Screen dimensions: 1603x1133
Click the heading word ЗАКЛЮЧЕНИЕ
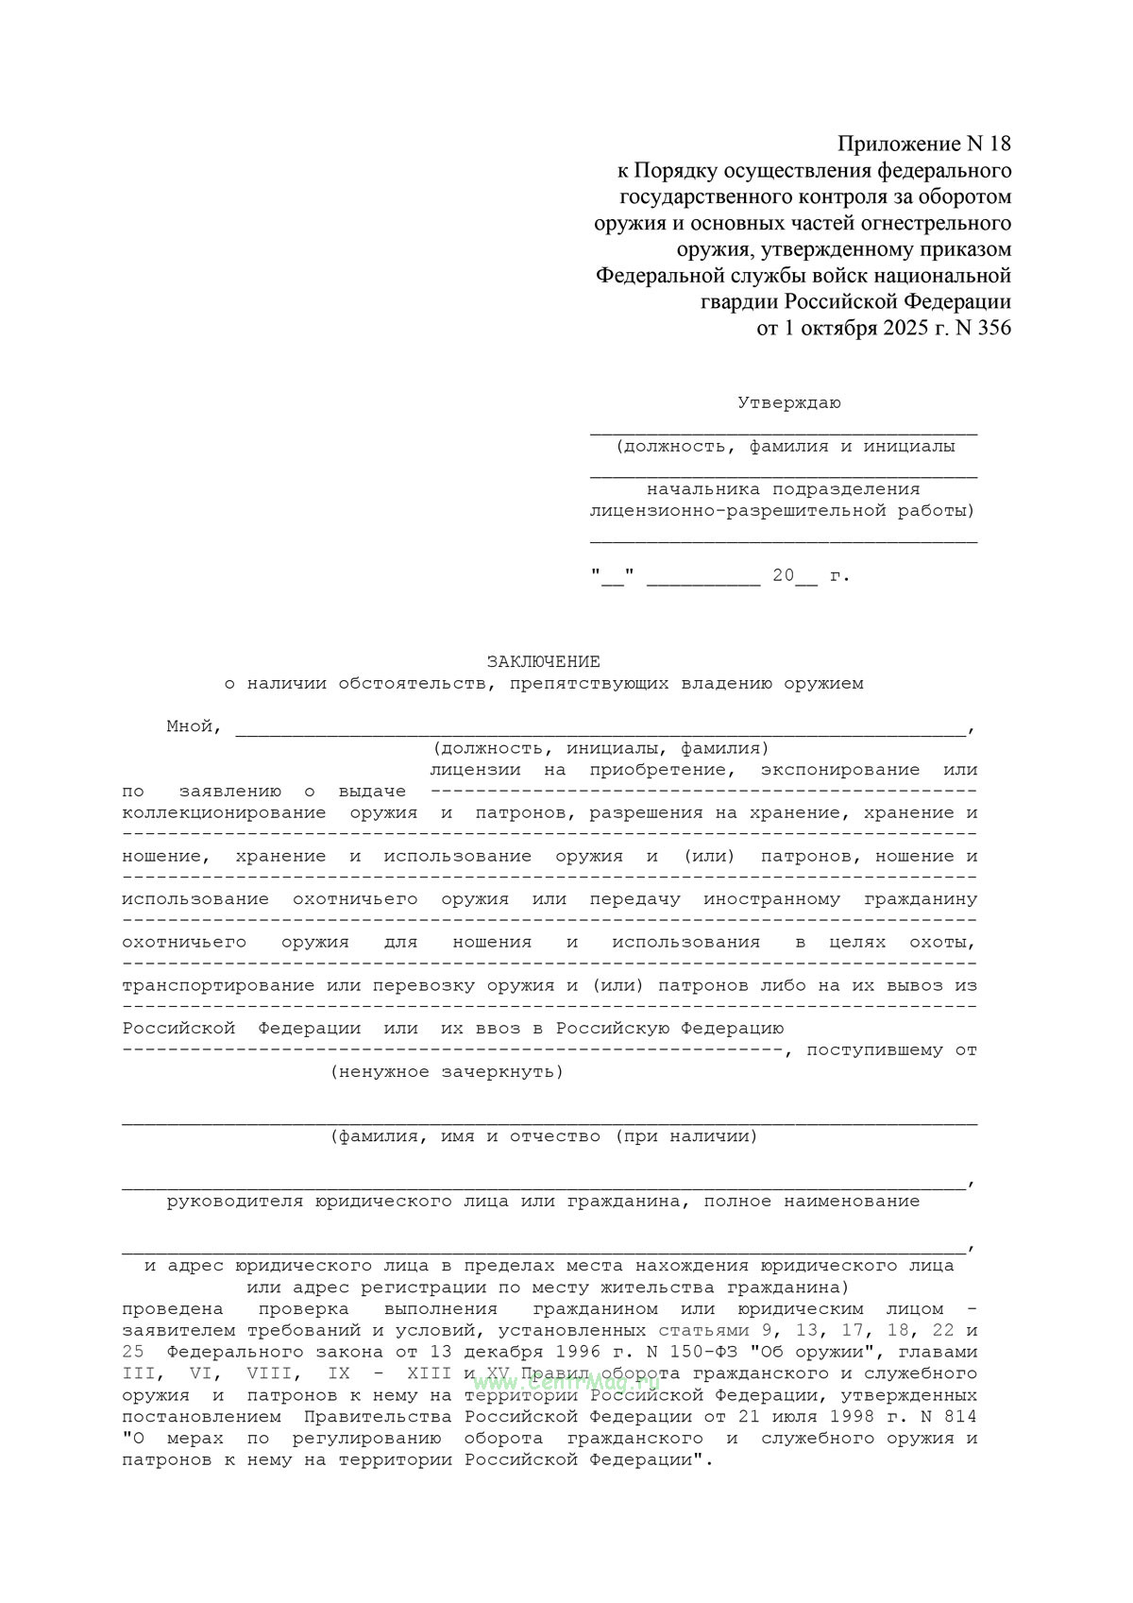click(x=543, y=662)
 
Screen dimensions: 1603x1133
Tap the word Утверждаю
click(x=789, y=403)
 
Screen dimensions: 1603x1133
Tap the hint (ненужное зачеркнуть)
click(x=447, y=1072)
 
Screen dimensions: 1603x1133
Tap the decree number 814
click(x=960, y=1417)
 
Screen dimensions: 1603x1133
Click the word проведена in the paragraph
click(x=173, y=1309)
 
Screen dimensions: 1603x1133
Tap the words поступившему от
click(x=892, y=1050)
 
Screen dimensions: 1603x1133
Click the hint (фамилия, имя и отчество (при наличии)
click(x=544, y=1136)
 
